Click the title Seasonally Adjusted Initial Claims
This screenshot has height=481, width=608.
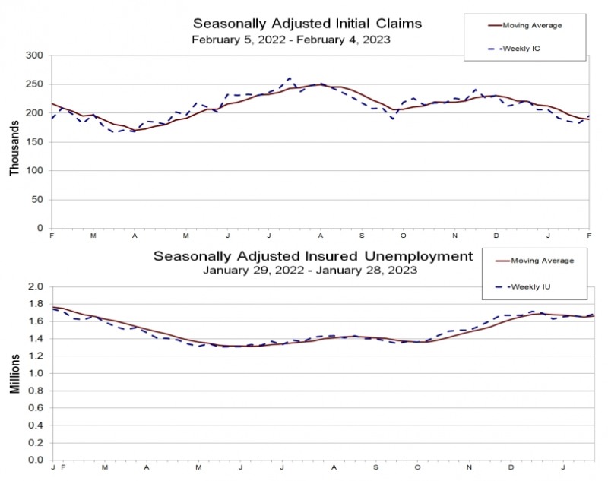tap(307, 24)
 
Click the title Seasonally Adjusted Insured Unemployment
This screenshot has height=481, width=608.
tap(313, 256)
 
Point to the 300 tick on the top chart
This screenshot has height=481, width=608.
tap(34, 55)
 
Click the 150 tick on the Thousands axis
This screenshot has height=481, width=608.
tap(34, 142)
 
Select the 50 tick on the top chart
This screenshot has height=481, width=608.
tap(37, 200)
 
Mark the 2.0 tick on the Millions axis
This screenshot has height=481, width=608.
tap(36, 286)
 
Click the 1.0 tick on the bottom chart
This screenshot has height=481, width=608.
tap(36, 373)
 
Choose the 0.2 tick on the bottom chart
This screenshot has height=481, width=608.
tap(36, 443)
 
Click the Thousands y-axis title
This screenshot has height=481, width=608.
tap(14, 148)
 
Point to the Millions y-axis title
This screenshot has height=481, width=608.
tap(14, 374)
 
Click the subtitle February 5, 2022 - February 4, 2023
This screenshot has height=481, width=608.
tap(291, 40)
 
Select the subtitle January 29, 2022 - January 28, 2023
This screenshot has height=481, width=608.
tap(310, 271)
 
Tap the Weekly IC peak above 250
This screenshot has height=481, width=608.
tap(290, 78)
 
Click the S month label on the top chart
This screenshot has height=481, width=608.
tap(362, 236)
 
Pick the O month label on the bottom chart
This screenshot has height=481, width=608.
tap(417, 467)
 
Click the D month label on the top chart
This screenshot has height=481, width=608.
tap(496, 236)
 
